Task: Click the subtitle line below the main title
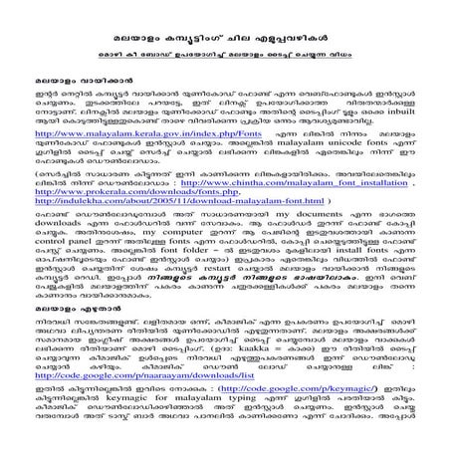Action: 224,44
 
